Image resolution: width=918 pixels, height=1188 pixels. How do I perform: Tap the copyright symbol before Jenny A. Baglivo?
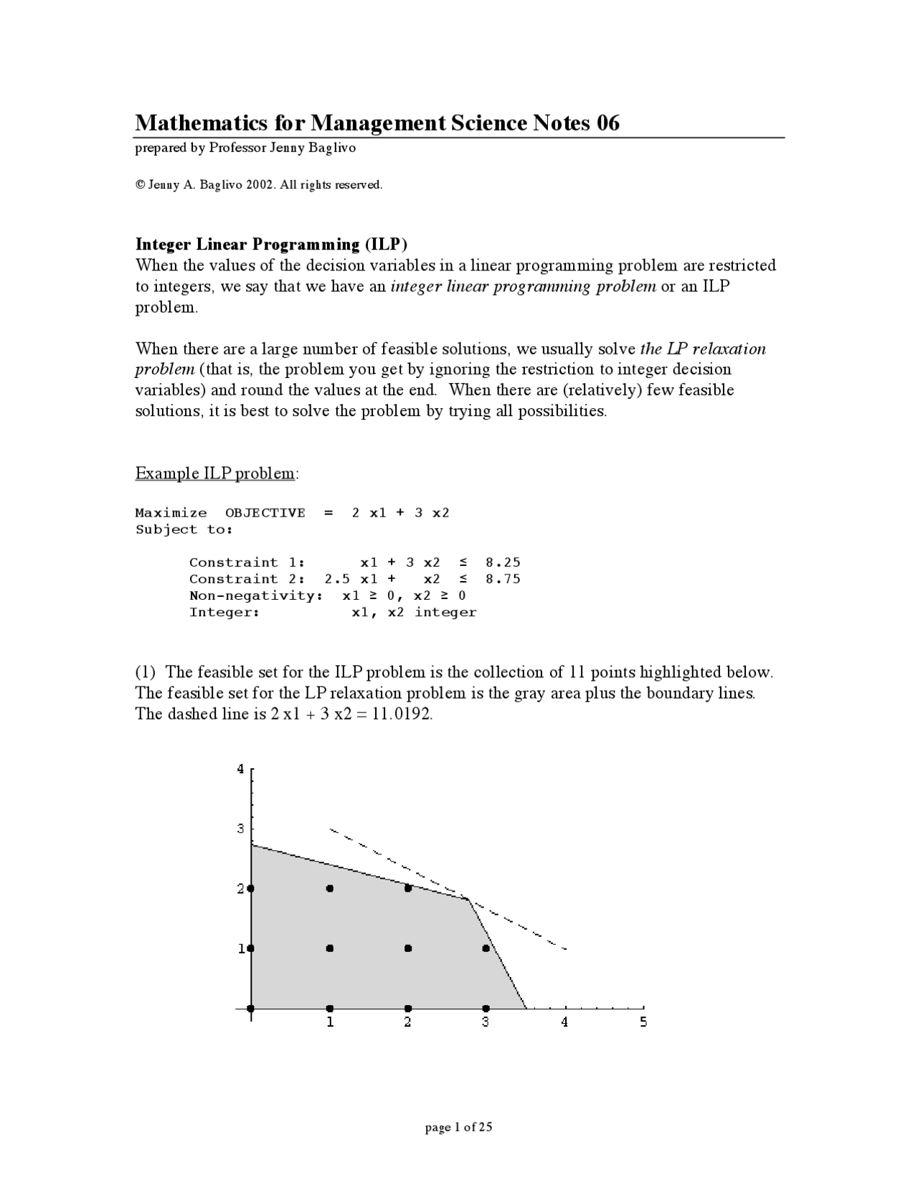coord(140,185)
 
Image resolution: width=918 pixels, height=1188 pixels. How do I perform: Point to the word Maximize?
coord(171,513)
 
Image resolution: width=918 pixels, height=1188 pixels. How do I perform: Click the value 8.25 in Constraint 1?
coord(503,562)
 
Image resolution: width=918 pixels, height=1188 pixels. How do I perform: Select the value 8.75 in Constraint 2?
coord(503,579)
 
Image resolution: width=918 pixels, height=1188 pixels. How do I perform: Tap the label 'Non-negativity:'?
coord(256,595)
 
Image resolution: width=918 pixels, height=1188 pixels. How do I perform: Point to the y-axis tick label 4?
coord(241,770)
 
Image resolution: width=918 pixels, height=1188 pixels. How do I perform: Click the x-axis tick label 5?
coord(643,1022)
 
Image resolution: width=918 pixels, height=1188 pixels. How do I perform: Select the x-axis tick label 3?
coord(486,1022)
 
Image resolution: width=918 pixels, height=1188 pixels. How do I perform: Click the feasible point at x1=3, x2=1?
coord(486,948)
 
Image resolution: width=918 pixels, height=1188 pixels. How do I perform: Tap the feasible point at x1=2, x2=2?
coord(408,888)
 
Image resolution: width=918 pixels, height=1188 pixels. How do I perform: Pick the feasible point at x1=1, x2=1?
coord(330,948)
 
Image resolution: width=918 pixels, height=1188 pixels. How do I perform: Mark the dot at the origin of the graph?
coord(251,1008)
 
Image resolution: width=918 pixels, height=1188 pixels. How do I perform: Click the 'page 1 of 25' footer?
coord(459,1127)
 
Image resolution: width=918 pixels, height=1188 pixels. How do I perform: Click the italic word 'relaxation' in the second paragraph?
coord(729,349)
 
